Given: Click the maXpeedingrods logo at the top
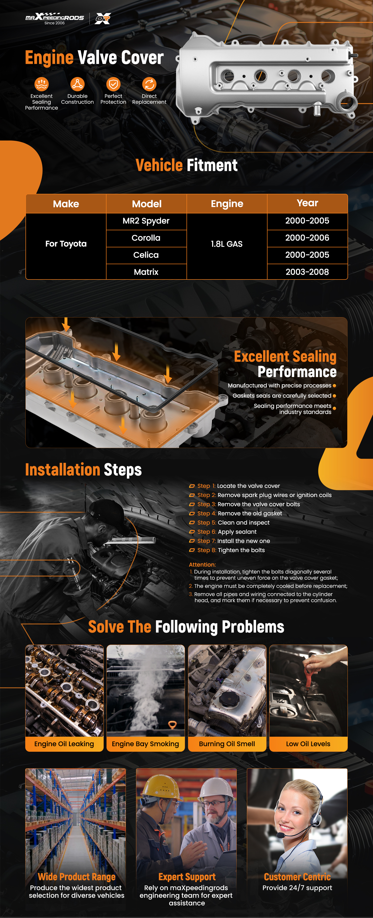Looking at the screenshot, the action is pos(55,18).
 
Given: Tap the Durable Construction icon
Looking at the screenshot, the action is pos(77,84).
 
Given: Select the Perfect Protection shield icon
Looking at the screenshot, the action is pos(113,84).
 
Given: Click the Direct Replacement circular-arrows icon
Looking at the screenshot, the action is pos(149,84).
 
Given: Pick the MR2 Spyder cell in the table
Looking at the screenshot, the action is pos(146,221).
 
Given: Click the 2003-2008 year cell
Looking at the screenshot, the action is pos(307,272).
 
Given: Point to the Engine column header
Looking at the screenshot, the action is pos(227,204).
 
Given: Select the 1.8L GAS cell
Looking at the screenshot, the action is pos(227,244).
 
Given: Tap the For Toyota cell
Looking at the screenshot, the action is pos(66,244).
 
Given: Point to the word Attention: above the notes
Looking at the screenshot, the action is pos(202,565).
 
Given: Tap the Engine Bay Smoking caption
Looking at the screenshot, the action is pos(145,744).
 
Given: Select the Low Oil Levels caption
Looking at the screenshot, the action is pos(308,744).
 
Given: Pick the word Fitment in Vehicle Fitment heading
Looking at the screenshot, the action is pos(212,165).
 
